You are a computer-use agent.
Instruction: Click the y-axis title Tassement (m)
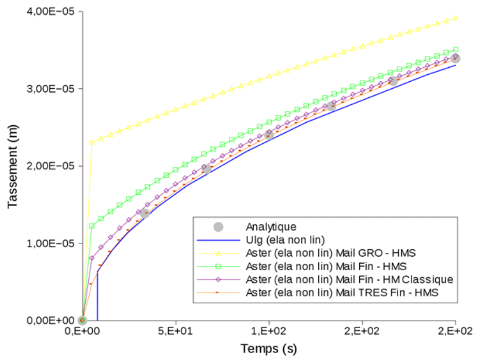12,166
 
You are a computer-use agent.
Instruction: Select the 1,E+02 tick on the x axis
269,332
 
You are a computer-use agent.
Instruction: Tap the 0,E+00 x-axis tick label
83,332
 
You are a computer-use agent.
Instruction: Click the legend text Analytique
271,227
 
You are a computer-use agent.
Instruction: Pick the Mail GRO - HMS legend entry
331,253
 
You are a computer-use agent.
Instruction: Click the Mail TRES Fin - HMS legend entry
342,293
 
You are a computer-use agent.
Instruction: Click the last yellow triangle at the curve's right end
456,18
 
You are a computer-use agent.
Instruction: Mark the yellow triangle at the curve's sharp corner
92,142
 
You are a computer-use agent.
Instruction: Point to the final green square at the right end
456,49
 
